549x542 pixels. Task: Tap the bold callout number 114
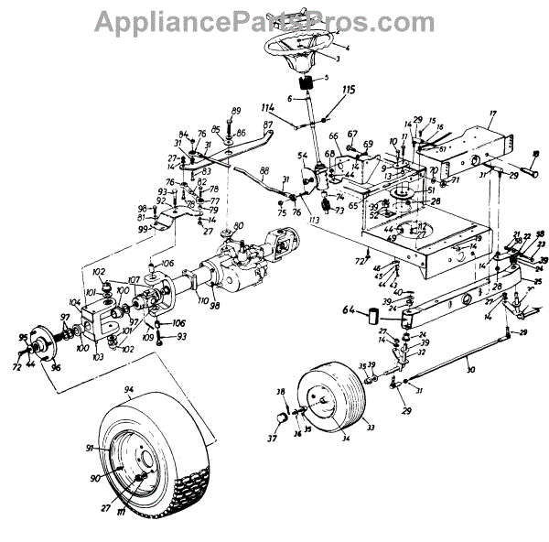(x=269, y=108)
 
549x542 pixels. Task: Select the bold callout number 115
(x=349, y=90)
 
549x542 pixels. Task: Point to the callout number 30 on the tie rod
(x=470, y=369)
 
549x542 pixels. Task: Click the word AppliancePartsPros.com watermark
(x=265, y=19)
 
